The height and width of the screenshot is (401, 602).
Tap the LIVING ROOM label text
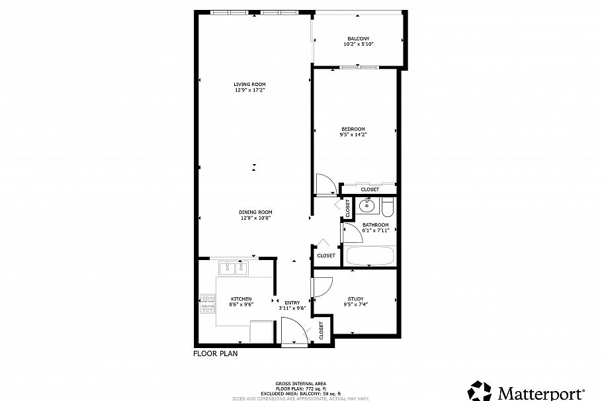click(x=249, y=84)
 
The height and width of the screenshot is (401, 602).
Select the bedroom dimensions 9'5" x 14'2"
click(x=353, y=134)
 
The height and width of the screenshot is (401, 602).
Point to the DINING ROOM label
click(x=255, y=212)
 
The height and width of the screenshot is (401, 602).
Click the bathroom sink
click(x=366, y=207)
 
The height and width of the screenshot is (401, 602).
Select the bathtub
click(x=370, y=256)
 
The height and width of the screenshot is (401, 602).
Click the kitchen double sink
click(x=234, y=268)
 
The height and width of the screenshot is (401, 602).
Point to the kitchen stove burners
click(x=207, y=305)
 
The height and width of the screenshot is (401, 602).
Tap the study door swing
click(x=322, y=287)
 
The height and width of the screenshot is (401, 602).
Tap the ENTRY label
click(x=292, y=303)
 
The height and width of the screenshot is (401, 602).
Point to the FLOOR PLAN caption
click(x=215, y=353)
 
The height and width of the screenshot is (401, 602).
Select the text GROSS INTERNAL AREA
click(x=300, y=384)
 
